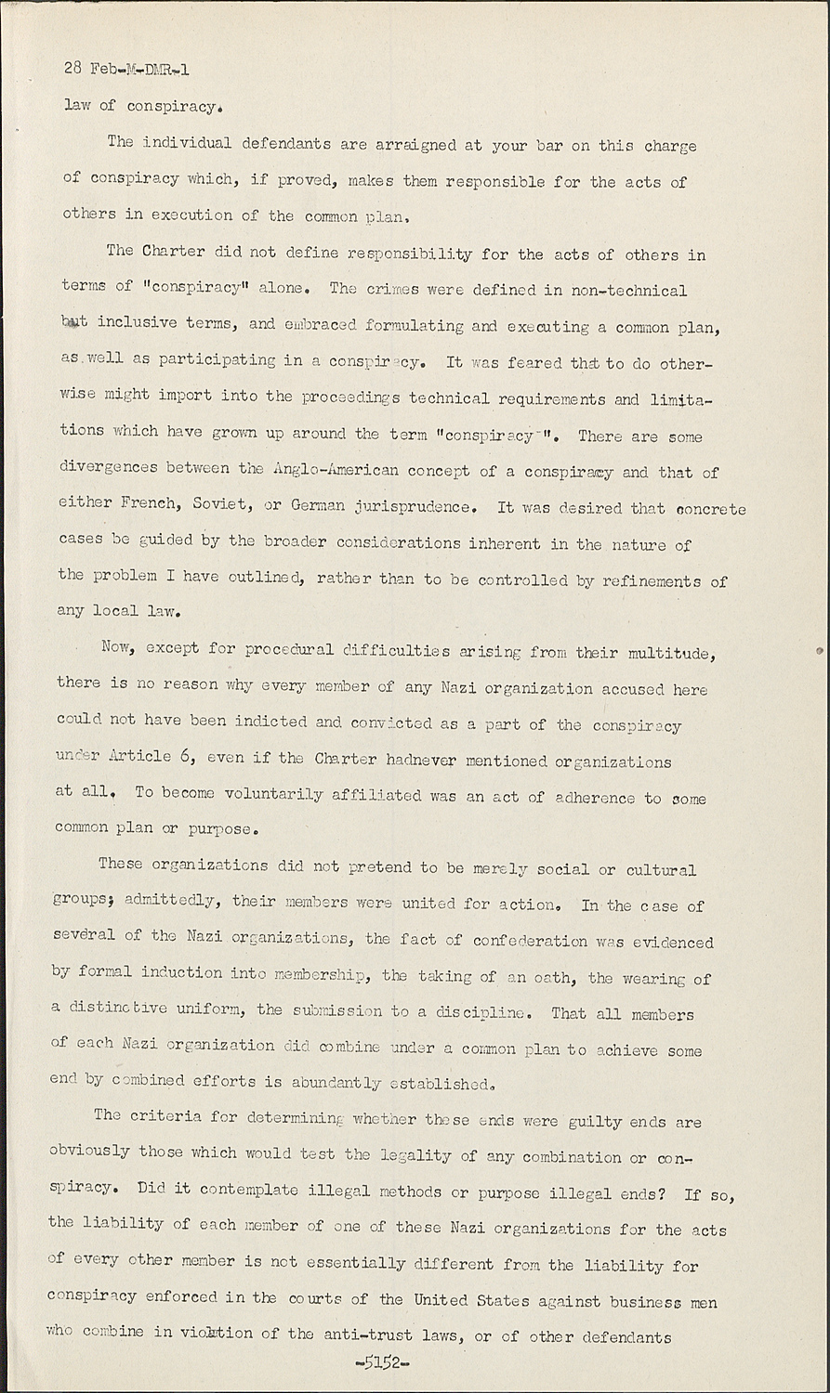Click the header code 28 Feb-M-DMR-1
[126, 69]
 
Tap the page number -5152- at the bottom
[383, 1362]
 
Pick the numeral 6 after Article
[186, 756]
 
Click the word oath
[552, 976]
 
